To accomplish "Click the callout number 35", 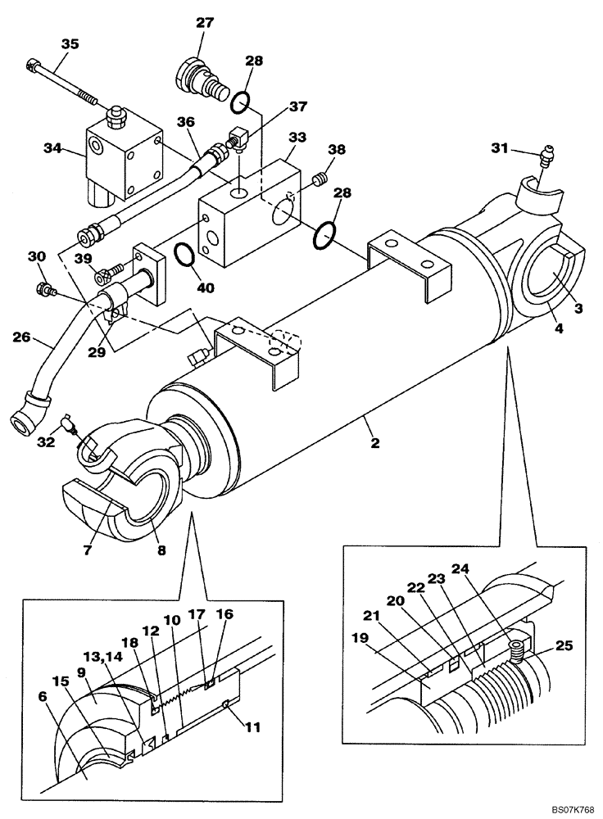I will pyautogui.click(x=70, y=44).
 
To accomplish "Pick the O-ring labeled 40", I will pyautogui.click(x=185, y=256).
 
